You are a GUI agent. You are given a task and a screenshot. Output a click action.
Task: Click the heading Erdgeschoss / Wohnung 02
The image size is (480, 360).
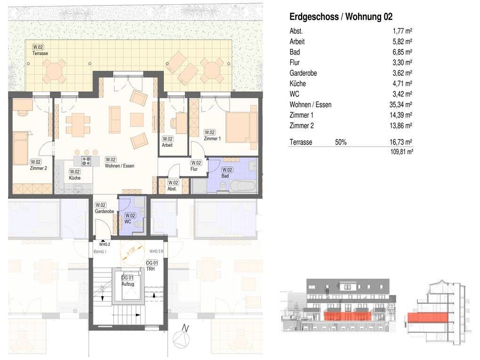341,17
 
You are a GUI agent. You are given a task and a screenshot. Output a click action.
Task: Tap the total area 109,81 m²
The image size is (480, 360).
401,152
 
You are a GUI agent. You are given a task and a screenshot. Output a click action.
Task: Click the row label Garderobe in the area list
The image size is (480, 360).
304,73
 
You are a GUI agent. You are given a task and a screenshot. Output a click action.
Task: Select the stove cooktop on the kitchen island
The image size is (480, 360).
86,160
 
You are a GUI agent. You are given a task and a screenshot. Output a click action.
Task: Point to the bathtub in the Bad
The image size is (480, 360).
242,186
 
